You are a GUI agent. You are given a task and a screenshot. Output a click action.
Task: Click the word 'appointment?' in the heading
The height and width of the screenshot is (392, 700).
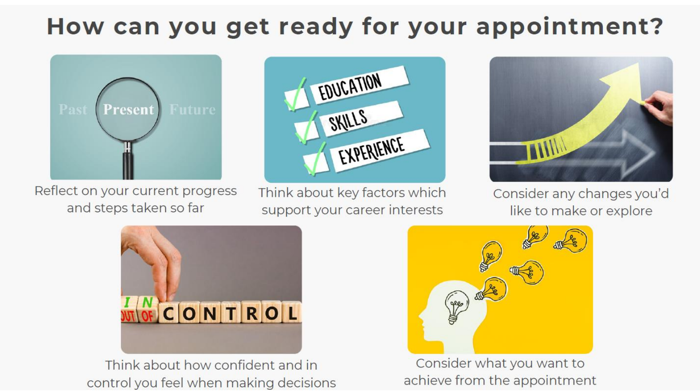tap(569, 27)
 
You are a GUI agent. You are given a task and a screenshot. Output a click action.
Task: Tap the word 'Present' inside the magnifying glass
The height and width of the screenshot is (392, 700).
tap(128, 109)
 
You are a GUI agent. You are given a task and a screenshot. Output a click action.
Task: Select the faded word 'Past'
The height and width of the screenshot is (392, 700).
tap(73, 109)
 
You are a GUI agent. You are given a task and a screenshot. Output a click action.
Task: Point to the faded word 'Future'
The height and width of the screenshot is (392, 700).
tap(192, 109)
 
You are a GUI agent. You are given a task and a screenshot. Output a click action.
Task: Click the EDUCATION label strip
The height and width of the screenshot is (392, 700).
tap(359, 85)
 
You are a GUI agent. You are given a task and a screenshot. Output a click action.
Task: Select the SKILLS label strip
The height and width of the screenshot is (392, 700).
tap(361, 119)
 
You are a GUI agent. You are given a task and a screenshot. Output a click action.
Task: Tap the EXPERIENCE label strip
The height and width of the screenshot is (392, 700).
tap(380, 151)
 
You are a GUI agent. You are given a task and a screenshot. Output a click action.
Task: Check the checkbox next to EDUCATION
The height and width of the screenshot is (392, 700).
tap(296, 99)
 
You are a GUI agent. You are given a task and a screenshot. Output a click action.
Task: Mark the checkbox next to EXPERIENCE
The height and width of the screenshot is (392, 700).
tap(316, 163)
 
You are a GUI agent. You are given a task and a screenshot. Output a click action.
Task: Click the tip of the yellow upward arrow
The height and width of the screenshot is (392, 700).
tap(638, 63)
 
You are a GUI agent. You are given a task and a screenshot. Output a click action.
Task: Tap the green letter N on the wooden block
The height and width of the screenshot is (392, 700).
tap(147, 303)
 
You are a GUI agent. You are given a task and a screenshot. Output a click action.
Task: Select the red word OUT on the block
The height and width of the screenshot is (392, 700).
tap(128, 316)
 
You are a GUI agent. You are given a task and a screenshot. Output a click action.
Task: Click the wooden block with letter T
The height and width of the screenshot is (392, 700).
tap(231, 312)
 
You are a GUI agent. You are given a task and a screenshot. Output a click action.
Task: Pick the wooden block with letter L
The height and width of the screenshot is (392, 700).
tap(292, 312)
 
